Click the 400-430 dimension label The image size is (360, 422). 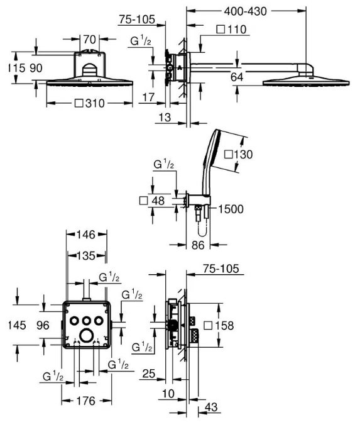click(245, 11)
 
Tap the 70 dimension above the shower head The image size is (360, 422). click(89, 39)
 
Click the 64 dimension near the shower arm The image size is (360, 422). click(237, 77)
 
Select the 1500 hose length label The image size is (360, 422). click(231, 209)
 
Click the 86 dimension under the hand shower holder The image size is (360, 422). click(198, 245)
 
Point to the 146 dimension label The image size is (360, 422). click(86, 235)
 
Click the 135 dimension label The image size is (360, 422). click(86, 255)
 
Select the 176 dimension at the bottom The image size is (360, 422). click(86, 401)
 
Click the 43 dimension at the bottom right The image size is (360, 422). click(211, 407)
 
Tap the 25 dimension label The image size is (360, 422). click(149, 374)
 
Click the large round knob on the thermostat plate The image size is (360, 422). click(86, 336)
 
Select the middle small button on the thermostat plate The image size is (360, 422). click(86, 321)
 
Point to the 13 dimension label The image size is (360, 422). click(165, 118)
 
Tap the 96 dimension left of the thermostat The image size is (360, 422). click(43, 325)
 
